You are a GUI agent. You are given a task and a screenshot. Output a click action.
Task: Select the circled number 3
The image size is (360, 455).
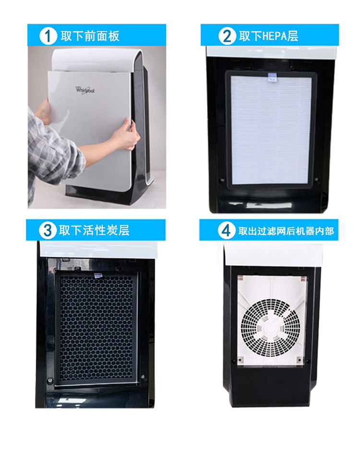(x=48, y=230)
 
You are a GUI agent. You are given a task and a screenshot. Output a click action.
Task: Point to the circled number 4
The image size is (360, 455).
(x=226, y=231)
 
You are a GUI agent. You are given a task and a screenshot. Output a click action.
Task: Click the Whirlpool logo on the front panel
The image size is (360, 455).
(x=85, y=90)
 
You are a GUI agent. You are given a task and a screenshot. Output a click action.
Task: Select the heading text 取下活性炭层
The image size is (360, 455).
(x=94, y=230)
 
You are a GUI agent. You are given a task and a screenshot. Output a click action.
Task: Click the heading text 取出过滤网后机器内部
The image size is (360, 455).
(x=286, y=231)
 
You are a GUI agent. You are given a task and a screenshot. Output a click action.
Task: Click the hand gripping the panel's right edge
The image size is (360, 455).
(x=126, y=135)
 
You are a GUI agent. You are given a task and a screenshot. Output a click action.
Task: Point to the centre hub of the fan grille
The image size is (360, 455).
(x=270, y=329)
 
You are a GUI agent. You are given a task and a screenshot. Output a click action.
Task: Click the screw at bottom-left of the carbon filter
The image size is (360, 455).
(x=50, y=380)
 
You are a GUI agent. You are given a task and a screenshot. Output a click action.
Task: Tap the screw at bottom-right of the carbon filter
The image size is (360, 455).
(x=143, y=377)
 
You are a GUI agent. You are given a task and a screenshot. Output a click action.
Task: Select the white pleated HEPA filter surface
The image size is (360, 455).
(x=271, y=130)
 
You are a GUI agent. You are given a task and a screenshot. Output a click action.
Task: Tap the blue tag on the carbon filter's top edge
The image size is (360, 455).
(x=98, y=275)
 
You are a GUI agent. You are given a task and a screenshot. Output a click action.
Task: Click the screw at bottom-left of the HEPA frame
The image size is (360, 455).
(x=223, y=180)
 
